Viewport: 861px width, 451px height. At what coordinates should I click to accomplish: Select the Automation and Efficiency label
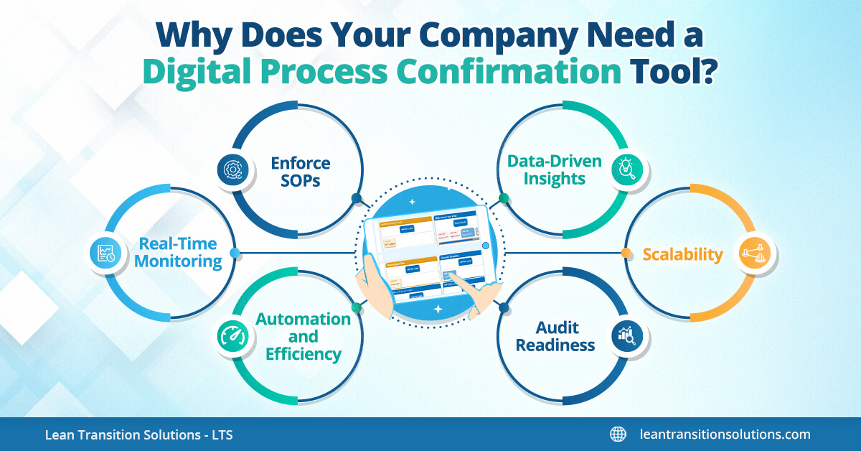[304, 336]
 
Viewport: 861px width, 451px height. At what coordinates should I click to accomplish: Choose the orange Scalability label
[682, 254]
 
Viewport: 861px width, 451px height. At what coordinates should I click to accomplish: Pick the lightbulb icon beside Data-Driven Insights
[626, 169]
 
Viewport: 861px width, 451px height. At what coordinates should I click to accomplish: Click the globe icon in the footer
[617, 434]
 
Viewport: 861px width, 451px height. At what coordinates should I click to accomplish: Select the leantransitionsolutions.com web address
[725, 434]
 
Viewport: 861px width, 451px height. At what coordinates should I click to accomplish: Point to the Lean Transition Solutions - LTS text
[138, 435]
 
